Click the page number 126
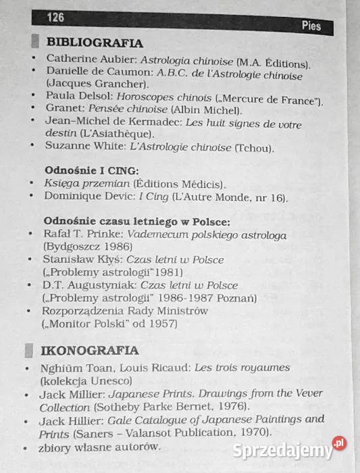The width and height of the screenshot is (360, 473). pyautogui.click(x=55, y=16)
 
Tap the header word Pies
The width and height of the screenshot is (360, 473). pyautogui.click(x=311, y=26)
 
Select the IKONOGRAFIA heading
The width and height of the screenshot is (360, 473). pyautogui.click(x=90, y=350)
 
